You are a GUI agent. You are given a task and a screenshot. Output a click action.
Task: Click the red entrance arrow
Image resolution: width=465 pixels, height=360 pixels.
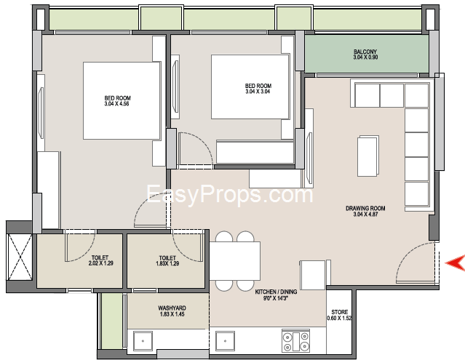tap(456, 263)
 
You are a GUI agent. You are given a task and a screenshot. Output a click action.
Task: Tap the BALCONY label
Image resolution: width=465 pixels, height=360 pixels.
tap(365, 52)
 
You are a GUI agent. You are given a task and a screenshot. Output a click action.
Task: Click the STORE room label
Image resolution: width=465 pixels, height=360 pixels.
tap(340, 312)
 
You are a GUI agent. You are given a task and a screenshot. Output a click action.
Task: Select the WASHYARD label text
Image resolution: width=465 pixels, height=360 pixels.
tap(172, 308)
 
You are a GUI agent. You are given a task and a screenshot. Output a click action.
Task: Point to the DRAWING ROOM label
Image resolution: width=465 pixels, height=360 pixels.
tap(365, 208)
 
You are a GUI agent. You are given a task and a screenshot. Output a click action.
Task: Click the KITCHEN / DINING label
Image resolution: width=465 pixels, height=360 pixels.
tap(276, 292)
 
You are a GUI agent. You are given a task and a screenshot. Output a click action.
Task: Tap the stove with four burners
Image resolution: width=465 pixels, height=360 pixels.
tap(295, 341)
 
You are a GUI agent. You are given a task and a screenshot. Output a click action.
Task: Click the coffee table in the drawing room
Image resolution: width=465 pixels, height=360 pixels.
tap(368, 156)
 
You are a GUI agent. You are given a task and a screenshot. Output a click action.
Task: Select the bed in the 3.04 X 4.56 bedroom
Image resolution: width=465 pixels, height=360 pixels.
tap(122, 100)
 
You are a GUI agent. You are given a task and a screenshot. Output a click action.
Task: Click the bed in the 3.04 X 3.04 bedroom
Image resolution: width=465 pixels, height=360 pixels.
tap(250, 87)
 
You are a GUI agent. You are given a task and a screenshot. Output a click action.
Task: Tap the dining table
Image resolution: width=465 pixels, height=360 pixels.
tap(235, 261)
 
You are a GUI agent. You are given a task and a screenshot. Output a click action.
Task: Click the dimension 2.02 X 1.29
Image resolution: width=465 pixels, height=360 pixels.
tap(101, 263)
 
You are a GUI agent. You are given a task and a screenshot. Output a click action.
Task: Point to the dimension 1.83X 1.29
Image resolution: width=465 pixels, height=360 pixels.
tap(167, 263)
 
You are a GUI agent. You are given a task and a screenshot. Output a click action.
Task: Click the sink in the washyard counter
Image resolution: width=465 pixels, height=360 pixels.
tap(143, 341)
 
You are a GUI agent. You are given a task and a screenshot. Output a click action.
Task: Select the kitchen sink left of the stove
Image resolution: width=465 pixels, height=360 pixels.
tap(226, 341)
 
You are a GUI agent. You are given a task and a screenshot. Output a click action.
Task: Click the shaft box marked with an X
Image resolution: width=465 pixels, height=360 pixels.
tap(19, 257)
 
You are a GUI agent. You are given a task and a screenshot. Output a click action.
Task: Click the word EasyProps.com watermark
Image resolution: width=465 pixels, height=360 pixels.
tap(230, 194)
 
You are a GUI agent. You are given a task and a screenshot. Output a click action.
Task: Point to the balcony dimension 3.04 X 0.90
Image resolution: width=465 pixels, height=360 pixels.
tap(365, 57)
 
